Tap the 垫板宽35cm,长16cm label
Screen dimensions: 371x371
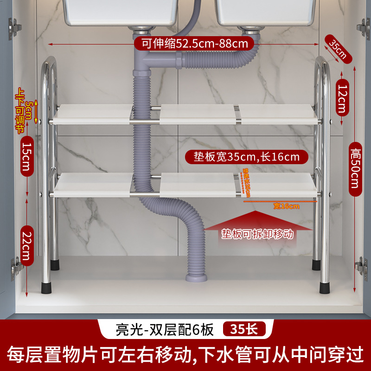click(246, 157)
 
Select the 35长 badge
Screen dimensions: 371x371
click(244, 330)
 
